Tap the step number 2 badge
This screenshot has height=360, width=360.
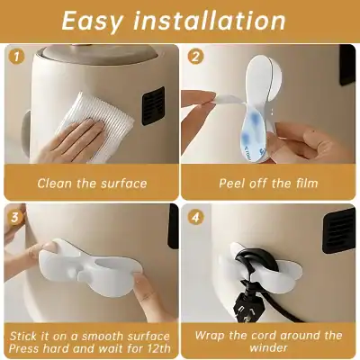tap(196, 57)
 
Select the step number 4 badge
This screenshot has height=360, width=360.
tap(196, 217)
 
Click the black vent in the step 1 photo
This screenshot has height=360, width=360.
tap(152, 106)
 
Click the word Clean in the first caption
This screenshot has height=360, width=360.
tap(56, 184)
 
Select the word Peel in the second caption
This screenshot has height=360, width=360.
tap(237, 184)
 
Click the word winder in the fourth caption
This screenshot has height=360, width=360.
tap(270, 350)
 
